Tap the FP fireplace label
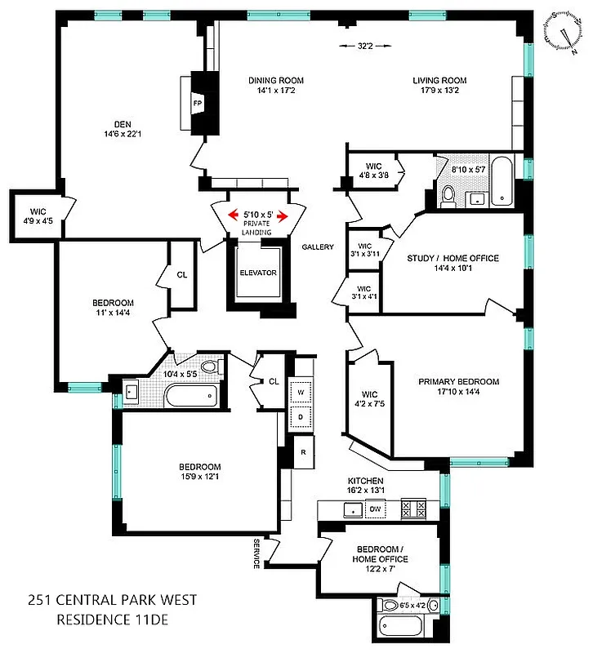(197, 104)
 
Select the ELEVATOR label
(258, 273)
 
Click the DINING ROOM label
(276, 80)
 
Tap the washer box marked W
(301, 391)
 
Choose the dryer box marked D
(301, 417)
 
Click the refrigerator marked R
(303, 452)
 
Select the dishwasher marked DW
(376, 509)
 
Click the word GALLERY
(317, 247)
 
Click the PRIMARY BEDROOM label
(458, 381)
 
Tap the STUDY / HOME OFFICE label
(453, 259)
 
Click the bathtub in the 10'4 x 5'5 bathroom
(189, 396)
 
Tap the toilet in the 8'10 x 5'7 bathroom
(448, 195)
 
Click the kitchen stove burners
(414, 509)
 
